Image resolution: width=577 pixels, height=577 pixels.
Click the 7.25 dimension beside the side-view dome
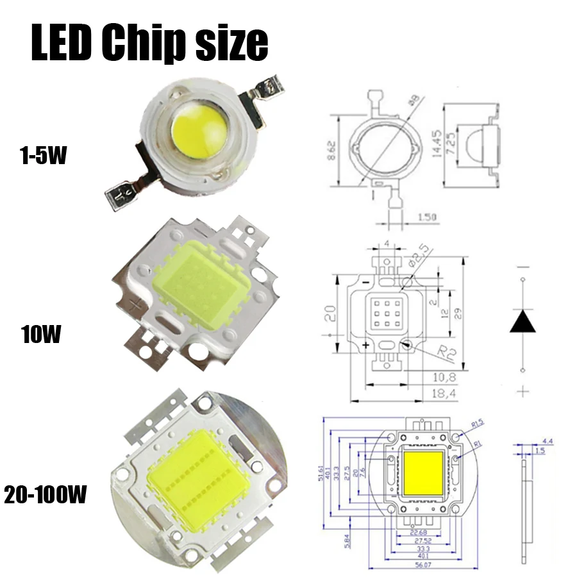[x=453, y=142]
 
